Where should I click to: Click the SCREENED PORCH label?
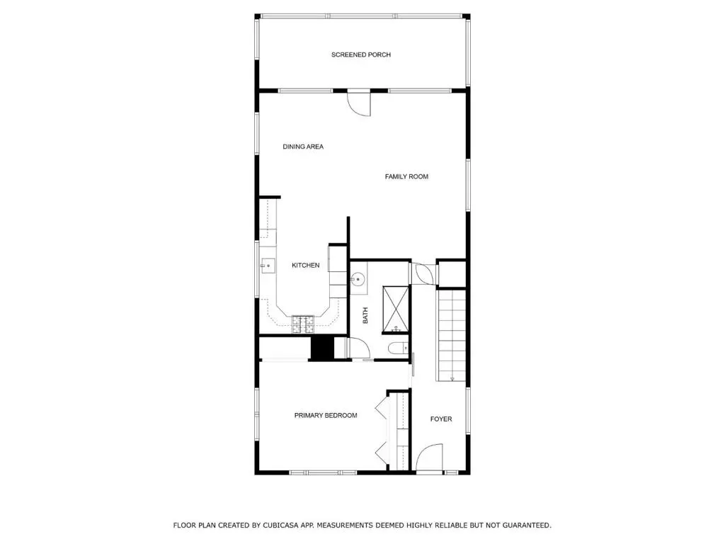pyautogui.click(x=360, y=55)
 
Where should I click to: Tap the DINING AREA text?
pyautogui.click(x=303, y=147)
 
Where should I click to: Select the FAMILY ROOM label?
pyautogui.click(x=406, y=176)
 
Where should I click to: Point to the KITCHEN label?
pyautogui.click(x=305, y=265)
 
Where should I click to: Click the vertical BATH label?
pyautogui.click(x=365, y=315)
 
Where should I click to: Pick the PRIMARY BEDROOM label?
pyautogui.click(x=326, y=415)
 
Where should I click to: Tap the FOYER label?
pyautogui.click(x=441, y=419)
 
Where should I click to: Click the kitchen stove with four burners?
pyautogui.click(x=303, y=324)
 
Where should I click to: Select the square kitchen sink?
pyautogui.click(x=268, y=266)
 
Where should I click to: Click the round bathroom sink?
pyautogui.click(x=358, y=279)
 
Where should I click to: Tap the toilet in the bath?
pyautogui.click(x=399, y=348)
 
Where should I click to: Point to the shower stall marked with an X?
pyautogui.click(x=396, y=310)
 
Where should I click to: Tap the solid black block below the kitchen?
pyautogui.click(x=322, y=348)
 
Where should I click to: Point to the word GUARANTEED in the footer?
pyautogui.click(x=527, y=526)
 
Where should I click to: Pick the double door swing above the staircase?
pyautogui.click(x=423, y=273)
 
